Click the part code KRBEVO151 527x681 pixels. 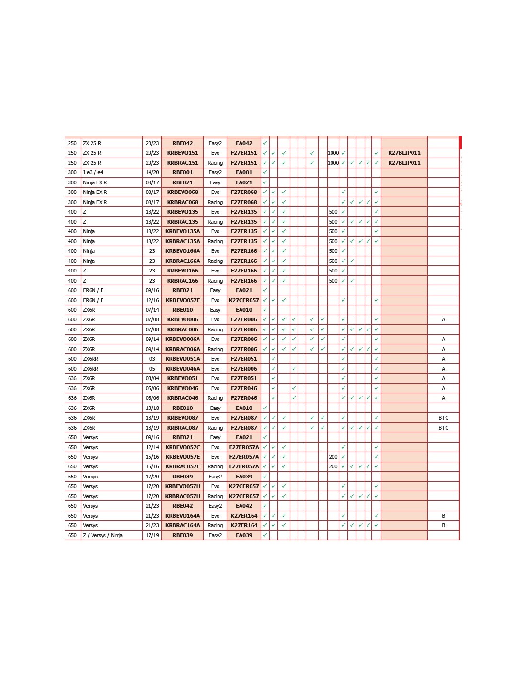(x=183, y=153)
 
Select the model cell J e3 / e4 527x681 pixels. (x=93, y=172)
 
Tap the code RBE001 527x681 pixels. (x=183, y=172)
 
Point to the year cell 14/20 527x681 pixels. (x=152, y=172)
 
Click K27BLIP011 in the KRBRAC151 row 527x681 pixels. (x=404, y=163)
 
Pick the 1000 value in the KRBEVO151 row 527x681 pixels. (x=333, y=153)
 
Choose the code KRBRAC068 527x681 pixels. (x=183, y=202)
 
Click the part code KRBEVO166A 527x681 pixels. (x=183, y=251)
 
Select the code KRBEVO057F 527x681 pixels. (x=183, y=300)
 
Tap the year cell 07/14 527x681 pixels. (x=152, y=310)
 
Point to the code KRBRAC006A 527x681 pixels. (x=183, y=349)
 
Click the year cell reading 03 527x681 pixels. (x=152, y=359)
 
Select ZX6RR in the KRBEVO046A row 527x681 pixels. (x=91, y=369)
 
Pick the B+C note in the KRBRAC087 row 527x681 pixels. (x=443, y=428)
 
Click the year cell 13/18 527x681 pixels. (x=152, y=408)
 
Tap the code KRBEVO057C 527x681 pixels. (x=183, y=447)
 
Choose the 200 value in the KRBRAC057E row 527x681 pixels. (x=333, y=466)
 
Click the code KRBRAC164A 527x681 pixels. (x=183, y=525)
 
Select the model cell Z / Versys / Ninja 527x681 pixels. (x=103, y=535)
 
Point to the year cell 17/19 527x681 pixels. (x=152, y=535)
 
